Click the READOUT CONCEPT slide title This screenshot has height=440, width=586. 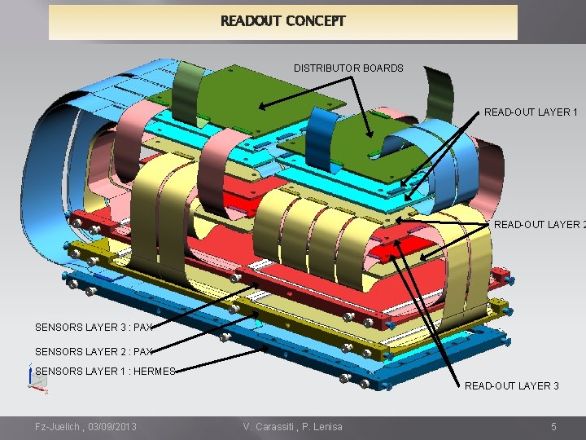point(282,21)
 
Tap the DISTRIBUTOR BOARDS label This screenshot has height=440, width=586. point(348,68)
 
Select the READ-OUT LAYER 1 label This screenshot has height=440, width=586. point(531,112)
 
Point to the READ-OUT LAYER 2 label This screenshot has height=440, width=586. point(538,225)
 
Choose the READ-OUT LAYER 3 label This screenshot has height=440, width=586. point(511,386)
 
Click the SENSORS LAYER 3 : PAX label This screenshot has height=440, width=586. point(94,328)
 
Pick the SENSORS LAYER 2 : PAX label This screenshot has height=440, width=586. point(94,352)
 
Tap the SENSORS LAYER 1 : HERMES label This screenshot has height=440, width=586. point(105,372)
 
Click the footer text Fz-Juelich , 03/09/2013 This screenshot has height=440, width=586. point(85,427)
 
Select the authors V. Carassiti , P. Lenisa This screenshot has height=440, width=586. point(292,427)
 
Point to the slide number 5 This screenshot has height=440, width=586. point(553,427)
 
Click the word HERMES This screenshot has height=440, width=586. point(156,372)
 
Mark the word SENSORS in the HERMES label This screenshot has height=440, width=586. point(59,372)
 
